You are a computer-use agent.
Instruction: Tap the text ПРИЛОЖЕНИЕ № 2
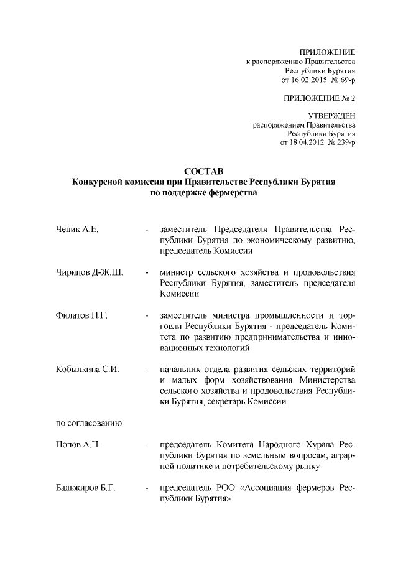320,98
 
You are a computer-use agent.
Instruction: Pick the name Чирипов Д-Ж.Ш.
88,272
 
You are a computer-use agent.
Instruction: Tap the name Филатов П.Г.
81,316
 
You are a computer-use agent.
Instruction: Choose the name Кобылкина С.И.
87,370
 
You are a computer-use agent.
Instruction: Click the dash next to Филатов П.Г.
146,316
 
